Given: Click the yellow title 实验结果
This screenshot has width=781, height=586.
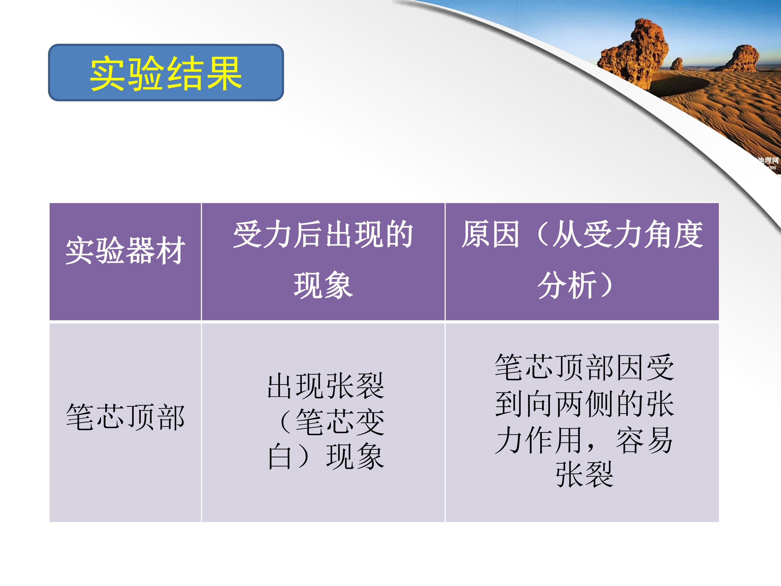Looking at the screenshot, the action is coord(166,74).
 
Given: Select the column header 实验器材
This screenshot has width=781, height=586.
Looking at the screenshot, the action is coord(125,250).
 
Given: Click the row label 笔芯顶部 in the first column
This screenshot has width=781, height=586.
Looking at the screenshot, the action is coord(125,417).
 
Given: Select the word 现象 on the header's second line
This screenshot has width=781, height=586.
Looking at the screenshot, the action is coord(323,285).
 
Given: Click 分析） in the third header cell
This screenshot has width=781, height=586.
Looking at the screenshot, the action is coord(575,285).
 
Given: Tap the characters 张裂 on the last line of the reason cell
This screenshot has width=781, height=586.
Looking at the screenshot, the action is coord(585,474).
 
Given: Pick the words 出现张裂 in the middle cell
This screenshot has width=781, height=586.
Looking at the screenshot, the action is coord(325,386).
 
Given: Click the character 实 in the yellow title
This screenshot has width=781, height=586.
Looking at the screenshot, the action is coord(108,74).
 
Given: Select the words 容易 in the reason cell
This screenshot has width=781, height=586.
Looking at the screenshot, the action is coord(644,440).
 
